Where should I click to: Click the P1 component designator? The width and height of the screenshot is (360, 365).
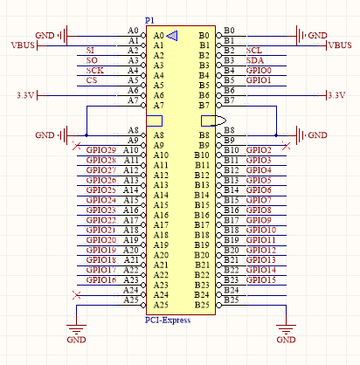[x=149, y=21]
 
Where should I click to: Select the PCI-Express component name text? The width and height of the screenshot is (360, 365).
[x=168, y=320]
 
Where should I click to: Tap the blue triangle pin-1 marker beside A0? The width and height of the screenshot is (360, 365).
[x=172, y=36]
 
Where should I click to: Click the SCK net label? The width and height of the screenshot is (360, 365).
[x=95, y=71]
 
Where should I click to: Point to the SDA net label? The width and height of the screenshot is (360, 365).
[x=255, y=60]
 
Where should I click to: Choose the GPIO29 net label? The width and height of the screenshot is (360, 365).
[x=101, y=150]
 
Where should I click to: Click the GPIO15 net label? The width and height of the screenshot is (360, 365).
[x=261, y=280]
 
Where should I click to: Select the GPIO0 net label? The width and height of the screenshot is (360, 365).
[x=259, y=71]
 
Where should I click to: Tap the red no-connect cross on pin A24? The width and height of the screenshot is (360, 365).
[x=77, y=295]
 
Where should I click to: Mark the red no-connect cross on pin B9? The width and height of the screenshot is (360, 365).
[x=286, y=146]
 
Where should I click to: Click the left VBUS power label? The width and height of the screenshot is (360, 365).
[x=23, y=45]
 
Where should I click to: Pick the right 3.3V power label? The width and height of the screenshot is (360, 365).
[x=336, y=95]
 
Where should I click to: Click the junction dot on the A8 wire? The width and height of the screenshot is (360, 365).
[x=87, y=135]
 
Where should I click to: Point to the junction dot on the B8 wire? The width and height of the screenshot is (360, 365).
[x=276, y=135]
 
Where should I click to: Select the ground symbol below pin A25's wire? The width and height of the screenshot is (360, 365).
[x=76, y=329]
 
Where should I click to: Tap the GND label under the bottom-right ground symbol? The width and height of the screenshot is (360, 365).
[x=286, y=340]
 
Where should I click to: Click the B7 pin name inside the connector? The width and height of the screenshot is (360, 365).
[x=204, y=106]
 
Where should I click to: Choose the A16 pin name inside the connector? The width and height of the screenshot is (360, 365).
[x=161, y=215]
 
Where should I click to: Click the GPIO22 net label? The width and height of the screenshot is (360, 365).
[x=101, y=220]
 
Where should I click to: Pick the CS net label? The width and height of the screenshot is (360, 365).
[x=92, y=80]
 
